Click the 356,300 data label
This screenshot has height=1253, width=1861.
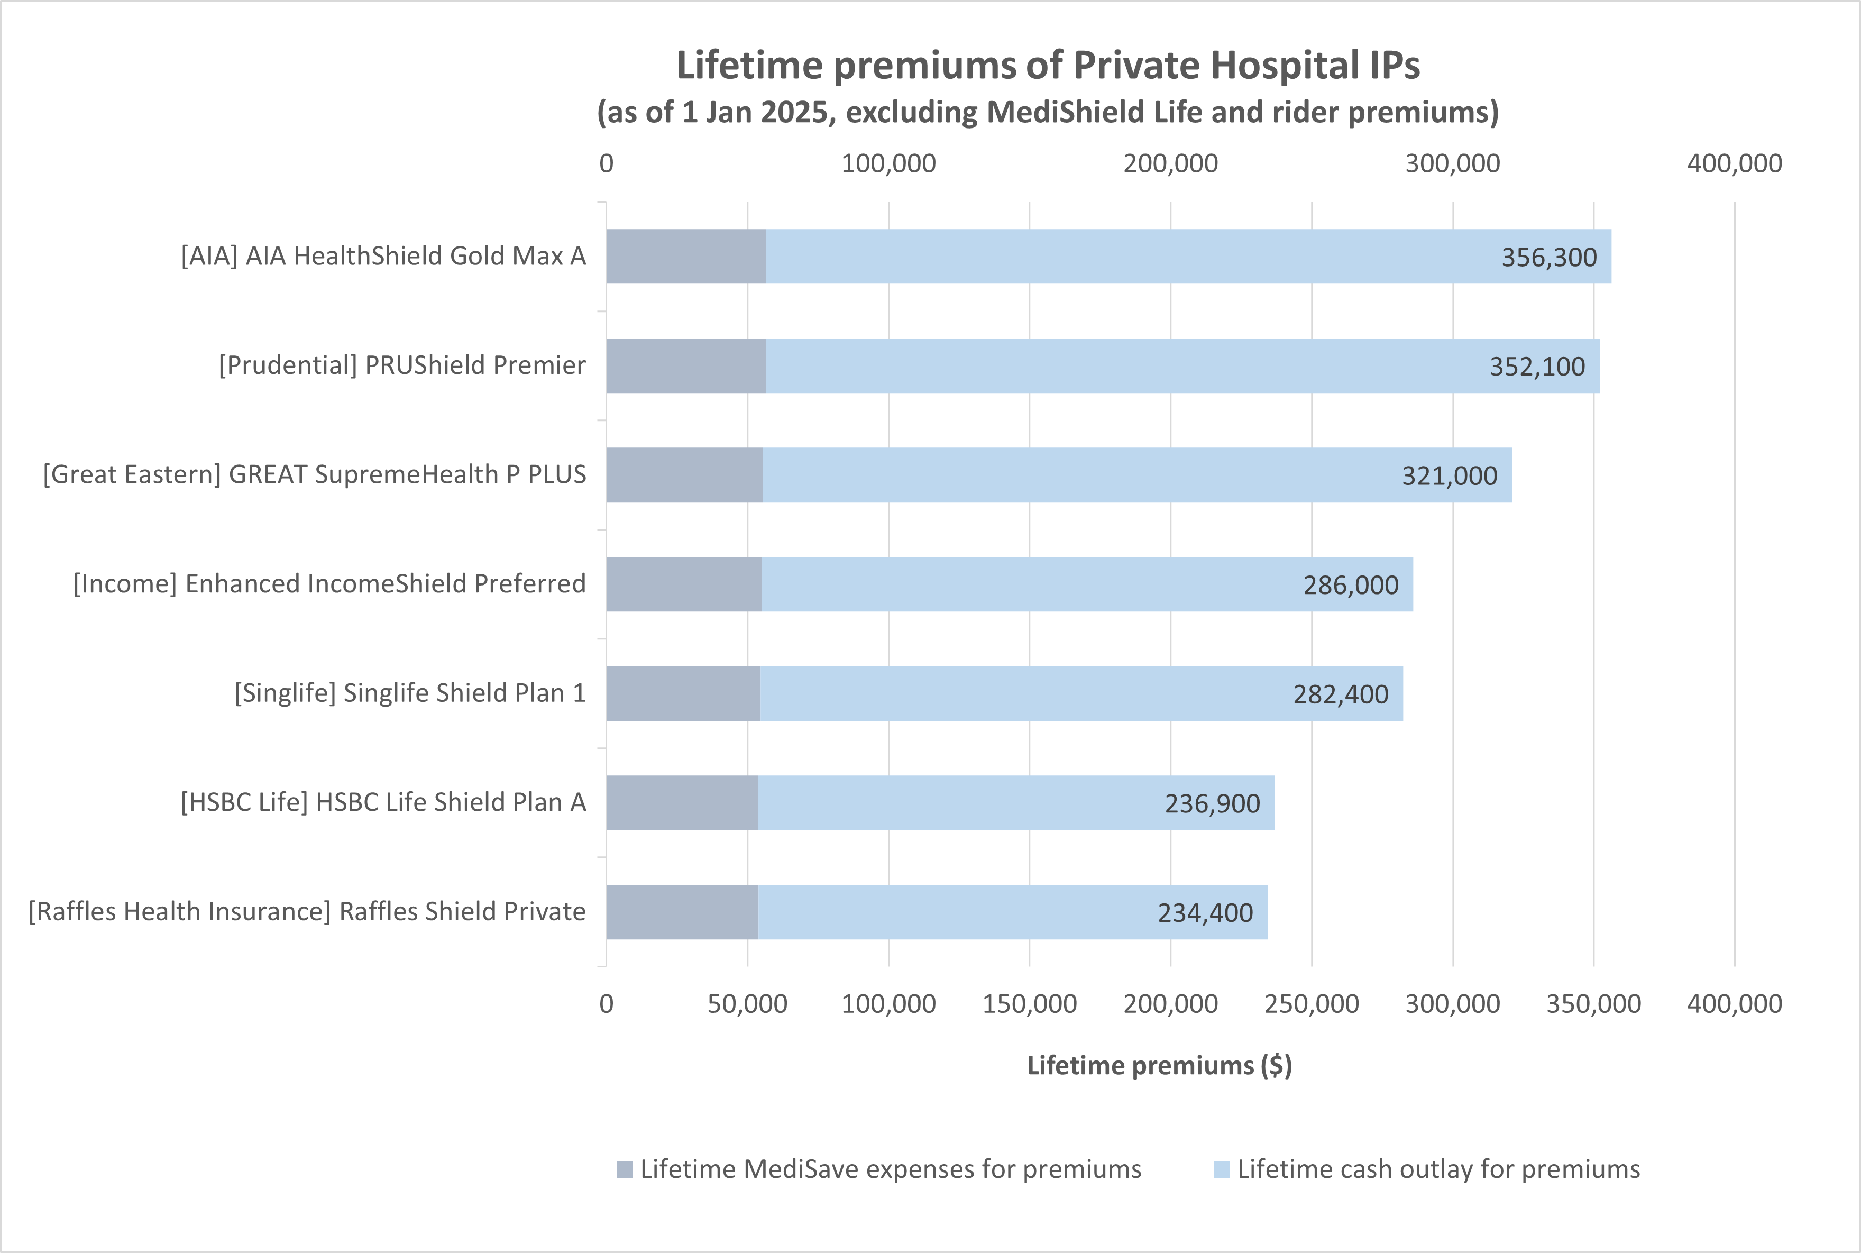point(1548,257)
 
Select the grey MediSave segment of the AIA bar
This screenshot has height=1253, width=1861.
point(685,257)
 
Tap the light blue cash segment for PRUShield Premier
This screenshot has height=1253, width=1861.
point(1119,366)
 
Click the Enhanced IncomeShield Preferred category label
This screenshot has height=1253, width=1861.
point(329,583)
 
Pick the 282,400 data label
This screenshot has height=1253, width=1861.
point(1341,693)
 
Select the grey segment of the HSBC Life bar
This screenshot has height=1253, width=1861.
point(682,802)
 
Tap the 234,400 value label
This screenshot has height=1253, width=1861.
point(1205,912)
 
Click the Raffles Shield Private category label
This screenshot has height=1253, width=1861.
point(307,911)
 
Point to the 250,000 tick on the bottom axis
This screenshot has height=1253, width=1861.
point(1311,1004)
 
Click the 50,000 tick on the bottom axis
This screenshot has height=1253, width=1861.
point(747,1004)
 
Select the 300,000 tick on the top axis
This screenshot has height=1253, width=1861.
point(1452,163)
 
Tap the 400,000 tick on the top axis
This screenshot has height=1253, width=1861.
point(1734,163)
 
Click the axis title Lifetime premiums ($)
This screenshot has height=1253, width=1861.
point(1159,1065)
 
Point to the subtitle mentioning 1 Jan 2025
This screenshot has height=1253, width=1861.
point(1048,112)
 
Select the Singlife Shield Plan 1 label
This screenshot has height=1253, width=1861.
point(410,693)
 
